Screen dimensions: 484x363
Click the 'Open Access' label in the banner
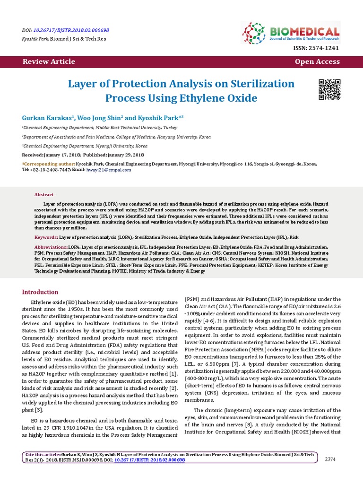tap(317, 61)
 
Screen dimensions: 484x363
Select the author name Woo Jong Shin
tap(96, 117)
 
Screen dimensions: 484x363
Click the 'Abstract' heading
tap(44, 195)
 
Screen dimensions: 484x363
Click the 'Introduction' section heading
tap(40, 292)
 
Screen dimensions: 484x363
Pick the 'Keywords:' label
tap(46, 237)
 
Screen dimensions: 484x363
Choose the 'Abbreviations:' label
tap(51, 248)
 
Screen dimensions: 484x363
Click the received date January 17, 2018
tap(64, 155)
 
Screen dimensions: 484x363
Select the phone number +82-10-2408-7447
tap(51, 169)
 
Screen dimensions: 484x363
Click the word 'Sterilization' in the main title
tap(256, 84)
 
